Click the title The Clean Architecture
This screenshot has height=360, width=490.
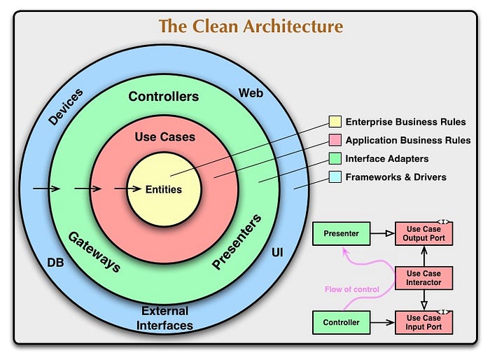coord(251,27)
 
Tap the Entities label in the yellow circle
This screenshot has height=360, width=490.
coord(163,189)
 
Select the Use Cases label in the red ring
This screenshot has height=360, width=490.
coord(164,137)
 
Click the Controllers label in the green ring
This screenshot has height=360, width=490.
coord(163,97)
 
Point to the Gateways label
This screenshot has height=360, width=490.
coord(94,251)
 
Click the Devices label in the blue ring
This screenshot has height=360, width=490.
coord(65,107)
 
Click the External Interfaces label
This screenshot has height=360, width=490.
coord(164,318)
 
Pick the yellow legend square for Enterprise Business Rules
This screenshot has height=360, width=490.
coord(334,122)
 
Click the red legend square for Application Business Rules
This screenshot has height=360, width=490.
coord(334,140)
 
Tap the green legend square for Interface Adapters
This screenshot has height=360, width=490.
coord(334,159)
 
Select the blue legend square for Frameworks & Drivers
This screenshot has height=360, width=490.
coord(334,178)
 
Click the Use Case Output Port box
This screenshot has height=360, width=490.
coord(423,233)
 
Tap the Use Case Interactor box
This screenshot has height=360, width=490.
coord(423,277)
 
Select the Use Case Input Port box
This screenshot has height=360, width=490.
coord(423,323)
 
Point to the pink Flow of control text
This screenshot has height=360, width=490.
coord(352,289)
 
